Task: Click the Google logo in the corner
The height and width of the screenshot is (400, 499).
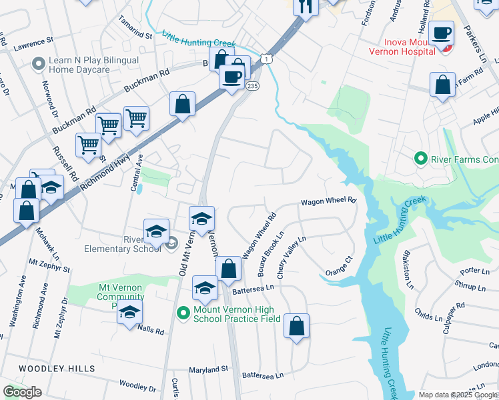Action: [x=22, y=392]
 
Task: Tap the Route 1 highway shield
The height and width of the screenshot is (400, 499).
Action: [x=266, y=60]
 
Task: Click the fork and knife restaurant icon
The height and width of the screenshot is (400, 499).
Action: [x=306, y=7]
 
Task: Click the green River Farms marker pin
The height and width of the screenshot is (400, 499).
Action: [x=420, y=159]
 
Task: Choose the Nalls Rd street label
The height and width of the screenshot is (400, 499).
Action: [x=150, y=328]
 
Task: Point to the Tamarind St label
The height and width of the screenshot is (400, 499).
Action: [x=135, y=25]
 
